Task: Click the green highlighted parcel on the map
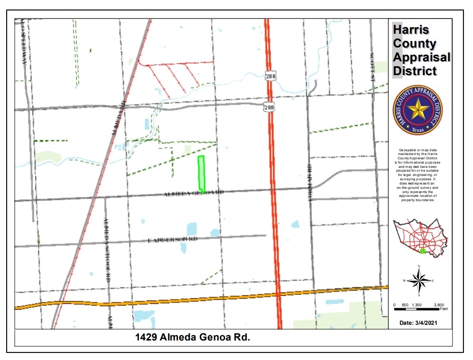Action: [x=201, y=174]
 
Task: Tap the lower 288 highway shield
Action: [x=270, y=108]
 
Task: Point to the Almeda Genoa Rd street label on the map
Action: [x=193, y=194]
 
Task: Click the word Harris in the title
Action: [x=411, y=29]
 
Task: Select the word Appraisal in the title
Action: [x=422, y=57]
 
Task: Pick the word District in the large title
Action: [x=414, y=71]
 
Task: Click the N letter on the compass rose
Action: [x=419, y=266]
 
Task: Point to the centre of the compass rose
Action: [x=419, y=280]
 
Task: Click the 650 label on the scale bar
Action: [x=405, y=304]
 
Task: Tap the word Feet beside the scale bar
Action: [x=443, y=309]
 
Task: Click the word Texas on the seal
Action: [x=418, y=129]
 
